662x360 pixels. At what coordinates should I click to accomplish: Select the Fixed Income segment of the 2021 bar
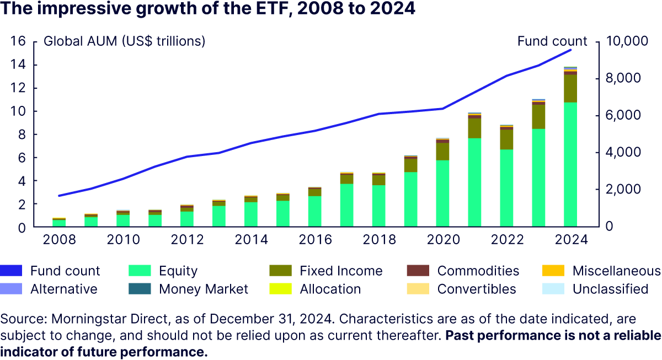474,128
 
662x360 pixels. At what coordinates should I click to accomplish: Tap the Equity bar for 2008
59,223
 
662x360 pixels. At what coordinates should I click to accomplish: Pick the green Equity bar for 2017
346,205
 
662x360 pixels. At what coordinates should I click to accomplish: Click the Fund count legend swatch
11,271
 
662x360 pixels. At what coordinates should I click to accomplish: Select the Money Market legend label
204,289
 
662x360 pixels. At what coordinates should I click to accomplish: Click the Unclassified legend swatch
553,289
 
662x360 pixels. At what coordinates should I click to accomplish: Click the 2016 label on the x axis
314,240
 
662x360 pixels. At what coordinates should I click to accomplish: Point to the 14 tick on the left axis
19,65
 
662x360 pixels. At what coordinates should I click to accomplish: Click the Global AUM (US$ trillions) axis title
125,41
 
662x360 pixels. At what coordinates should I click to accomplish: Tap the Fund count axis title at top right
552,41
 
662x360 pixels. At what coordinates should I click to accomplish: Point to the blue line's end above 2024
571,50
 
